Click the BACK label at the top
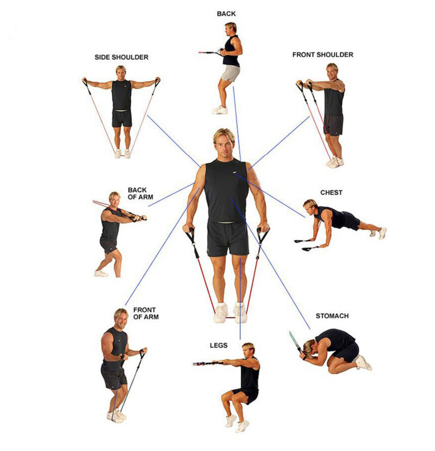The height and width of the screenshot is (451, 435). click(x=226, y=14)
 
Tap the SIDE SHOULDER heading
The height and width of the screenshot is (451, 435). click(x=121, y=57)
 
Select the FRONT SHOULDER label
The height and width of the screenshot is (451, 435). click(x=323, y=55)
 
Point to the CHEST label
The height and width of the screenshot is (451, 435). click(x=331, y=192)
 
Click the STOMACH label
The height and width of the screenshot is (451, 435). click(x=332, y=316)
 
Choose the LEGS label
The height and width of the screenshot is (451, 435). click(x=219, y=345)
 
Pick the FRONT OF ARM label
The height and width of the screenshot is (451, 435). click(x=146, y=313)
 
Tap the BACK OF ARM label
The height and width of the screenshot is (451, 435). click(x=140, y=193)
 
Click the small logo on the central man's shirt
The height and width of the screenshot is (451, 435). click(x=235, y=172)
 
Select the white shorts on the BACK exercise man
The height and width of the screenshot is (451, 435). click(x=230, y=73)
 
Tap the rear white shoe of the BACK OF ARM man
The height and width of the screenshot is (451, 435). click(x=101, y=274)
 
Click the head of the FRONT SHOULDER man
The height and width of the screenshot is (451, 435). click(x=332, y=71)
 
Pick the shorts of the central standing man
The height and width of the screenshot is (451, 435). click(x=228, y=239)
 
